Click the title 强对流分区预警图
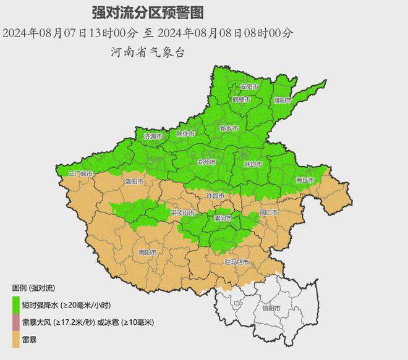click(147, 12)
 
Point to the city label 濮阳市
click(282, 99)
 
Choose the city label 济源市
click(153, 136)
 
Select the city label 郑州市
click(206, 162)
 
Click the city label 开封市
click(253, 164)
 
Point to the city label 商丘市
click(305, 180)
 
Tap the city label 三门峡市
click(80, 175)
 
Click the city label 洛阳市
click(134, 182)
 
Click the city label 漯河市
click(223, 219)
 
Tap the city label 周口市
click(270, 212)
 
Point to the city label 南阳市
click(148, 252)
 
